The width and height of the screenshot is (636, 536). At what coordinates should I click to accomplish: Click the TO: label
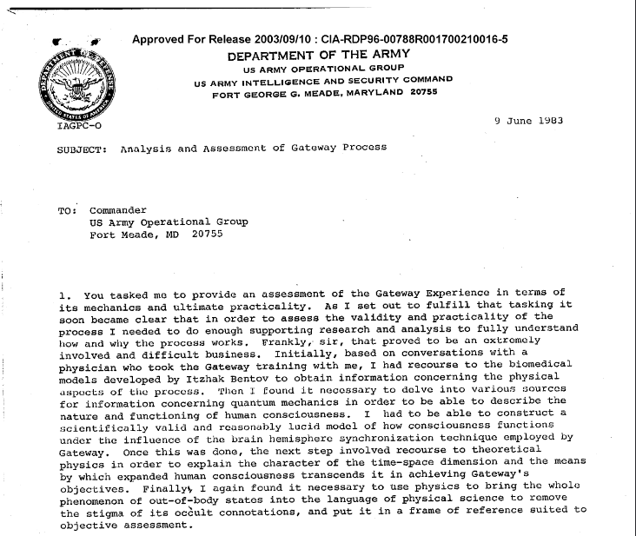(x=70, y=210)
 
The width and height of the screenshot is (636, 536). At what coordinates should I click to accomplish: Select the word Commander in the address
(x=118, y=210)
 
